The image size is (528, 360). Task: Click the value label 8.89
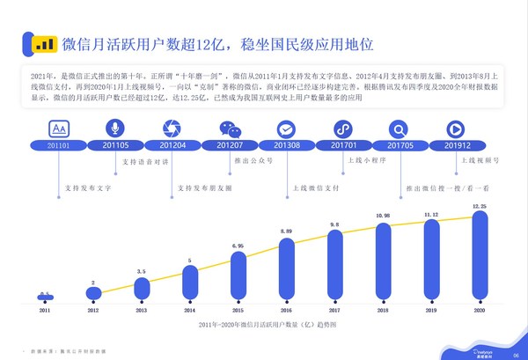(286, 230)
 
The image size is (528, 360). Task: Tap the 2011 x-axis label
(44, 311)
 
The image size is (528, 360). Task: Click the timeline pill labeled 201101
(44, 145)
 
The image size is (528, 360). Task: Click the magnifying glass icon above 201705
(400, 128)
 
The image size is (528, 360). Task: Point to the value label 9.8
(335, 224)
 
